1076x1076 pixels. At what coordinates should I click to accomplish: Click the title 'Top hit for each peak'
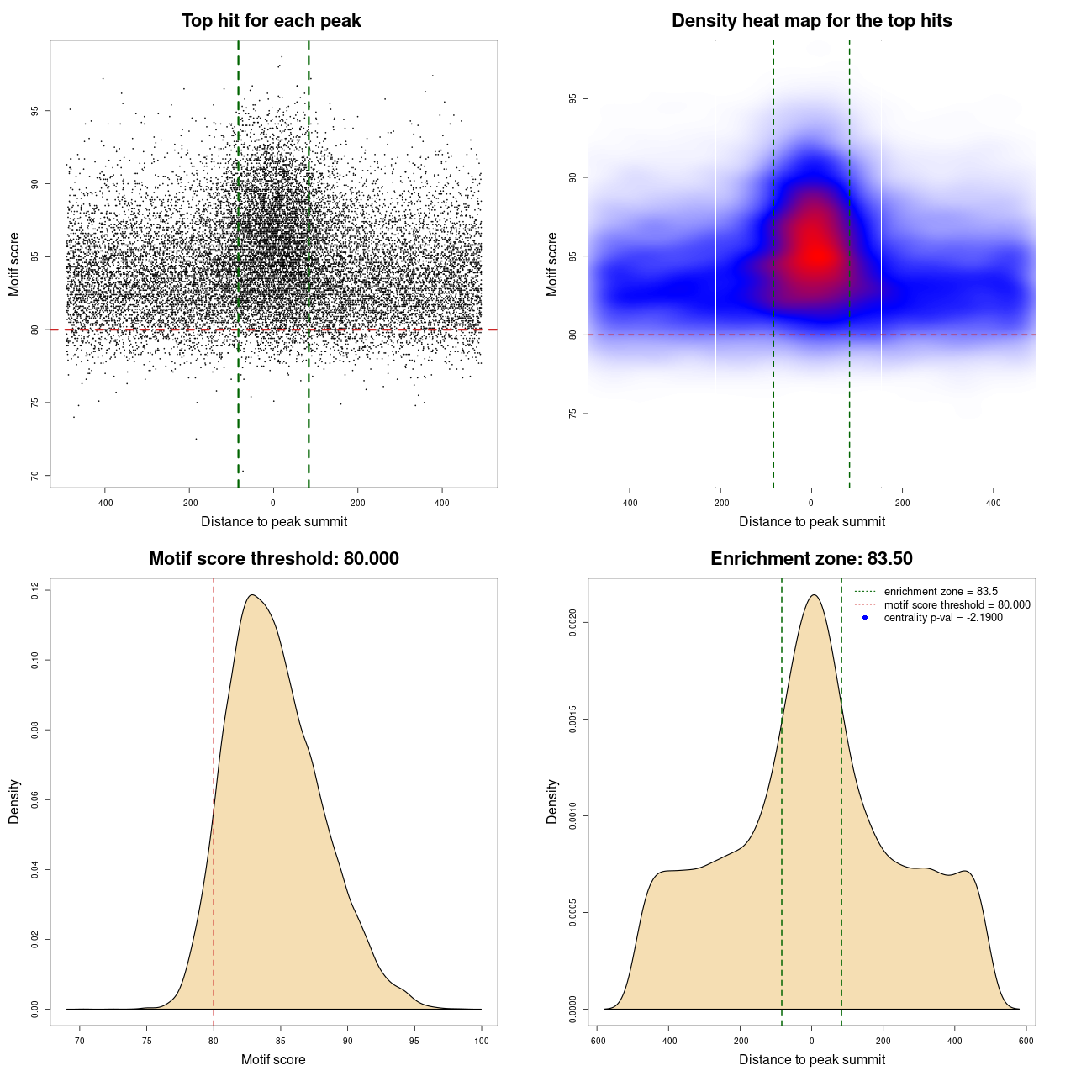click(x=271, y=21)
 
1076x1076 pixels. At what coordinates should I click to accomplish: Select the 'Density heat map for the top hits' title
click(x=811, y=21)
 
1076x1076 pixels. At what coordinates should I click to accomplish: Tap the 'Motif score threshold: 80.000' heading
click(x=273, y=559)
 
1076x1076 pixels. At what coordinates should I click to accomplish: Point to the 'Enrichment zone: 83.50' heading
click(x=811, y=559)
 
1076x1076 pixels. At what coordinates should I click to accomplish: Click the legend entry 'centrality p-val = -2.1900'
click(x=943, y=618)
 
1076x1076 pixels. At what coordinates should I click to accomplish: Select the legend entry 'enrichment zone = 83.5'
click(x=941, y=592)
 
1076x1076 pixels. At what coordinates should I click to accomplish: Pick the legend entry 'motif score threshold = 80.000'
click(x=957, y=604)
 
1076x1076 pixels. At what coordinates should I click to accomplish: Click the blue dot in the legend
click(x=865, y=618)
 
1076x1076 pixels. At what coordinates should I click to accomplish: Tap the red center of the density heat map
click(x=814, y=252)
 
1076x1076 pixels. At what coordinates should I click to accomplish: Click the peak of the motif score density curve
click(x=251, y=595)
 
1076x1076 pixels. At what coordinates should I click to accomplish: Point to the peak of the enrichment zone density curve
click(x=813, y=595)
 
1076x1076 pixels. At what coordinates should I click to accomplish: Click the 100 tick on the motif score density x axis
click(x=481, y=1041)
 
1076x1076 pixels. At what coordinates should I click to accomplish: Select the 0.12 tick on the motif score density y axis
click(x=34, y=591)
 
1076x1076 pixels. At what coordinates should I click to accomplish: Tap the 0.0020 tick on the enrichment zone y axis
click(x=572, y=623)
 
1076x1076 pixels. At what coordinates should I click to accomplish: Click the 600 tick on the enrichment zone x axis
click(x=1026, y=1041)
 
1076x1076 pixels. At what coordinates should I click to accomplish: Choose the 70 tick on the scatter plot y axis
click(x=34, y=476)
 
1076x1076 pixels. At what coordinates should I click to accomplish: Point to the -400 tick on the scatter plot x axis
click(x=104, y=503)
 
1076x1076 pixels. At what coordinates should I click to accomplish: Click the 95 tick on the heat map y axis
click(x=572, y=99)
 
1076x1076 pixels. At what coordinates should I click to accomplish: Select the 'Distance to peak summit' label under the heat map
click(x=811, y=522)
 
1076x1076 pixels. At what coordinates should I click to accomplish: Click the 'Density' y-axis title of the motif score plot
click(x=14, y=801)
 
